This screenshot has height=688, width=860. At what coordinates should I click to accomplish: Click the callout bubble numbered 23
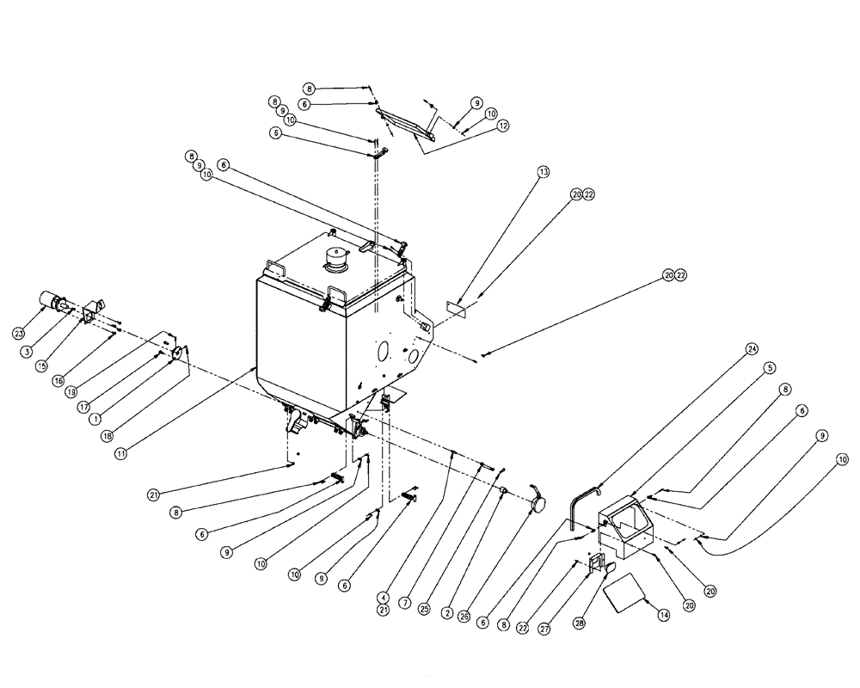tap(19, 333)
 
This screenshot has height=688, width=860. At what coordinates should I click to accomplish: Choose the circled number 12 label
tap(503, 125)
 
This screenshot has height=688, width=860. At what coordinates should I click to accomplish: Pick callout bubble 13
tap(543, 172)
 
